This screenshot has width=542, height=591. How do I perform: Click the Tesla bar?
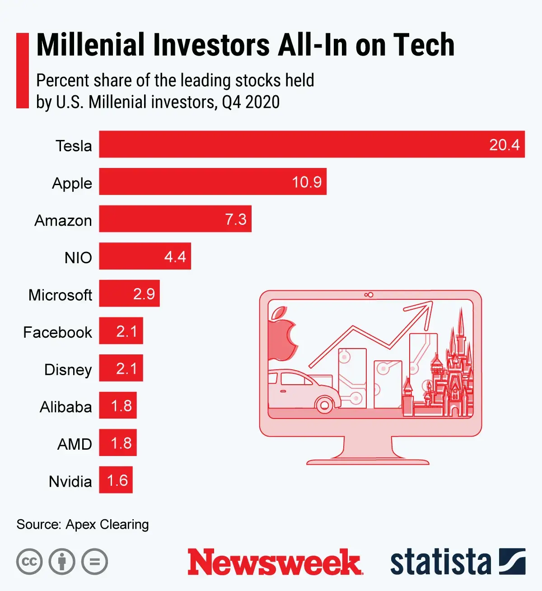[x=312, y=144]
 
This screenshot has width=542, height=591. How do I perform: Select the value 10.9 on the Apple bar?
[x=307, y=182]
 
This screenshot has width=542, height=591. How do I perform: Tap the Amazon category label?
[x=63, y=220]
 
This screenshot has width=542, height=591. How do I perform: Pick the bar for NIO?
[x=145, y=256]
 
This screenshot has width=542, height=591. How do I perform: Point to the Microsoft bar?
[x=129, y=294]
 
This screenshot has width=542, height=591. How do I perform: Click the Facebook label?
[x=57, y=332]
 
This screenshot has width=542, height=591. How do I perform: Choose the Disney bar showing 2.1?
[x=121, y=368]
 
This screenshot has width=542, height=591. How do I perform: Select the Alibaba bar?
[x=118, y=406]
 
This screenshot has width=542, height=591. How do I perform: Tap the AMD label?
[x=75, y=444]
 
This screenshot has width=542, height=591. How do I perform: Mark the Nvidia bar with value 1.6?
[x=116, y=480]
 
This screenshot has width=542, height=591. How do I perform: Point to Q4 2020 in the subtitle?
[x=251, y=102]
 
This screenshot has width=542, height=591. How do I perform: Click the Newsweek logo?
[x=275, y=562]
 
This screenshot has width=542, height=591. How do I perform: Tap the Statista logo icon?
[x=512, y=562]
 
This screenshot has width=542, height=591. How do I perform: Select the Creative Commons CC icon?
[x=29, y=562]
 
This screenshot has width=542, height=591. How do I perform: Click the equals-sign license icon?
[x=95, y=562]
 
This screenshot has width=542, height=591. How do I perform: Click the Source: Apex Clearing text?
[x=83, y=524]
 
